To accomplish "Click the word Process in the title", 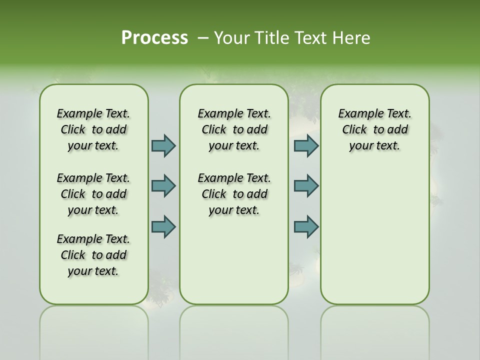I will click(x=154, y=38).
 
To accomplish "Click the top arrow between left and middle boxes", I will click(x=163, y=145).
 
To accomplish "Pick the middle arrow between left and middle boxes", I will click(x=163, y=186).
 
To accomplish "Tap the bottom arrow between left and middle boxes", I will click(x=163, y=226).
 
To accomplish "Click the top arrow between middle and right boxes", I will click(x=306, y=145).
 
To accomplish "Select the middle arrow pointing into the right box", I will click(x=306, y=186).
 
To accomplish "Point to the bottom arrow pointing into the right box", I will click(x=306, y=226).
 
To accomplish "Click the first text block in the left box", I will click(x=93, y=129).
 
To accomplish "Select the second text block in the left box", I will click(x=93, y=194).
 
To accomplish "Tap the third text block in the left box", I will click(x=93, y=255).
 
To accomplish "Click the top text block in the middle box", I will click(x=234, y=129).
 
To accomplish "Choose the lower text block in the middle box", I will click(x=234, y=194).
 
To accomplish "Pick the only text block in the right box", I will click(x=375, y=129).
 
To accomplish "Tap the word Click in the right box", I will click(x=354, y=130).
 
